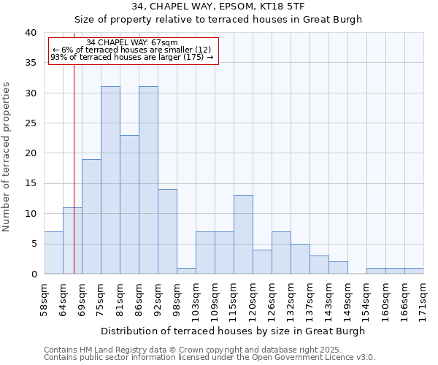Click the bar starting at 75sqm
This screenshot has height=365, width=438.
(110, 180)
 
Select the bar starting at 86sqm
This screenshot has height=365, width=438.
(148, 180)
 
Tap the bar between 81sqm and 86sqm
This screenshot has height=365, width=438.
(129, 204)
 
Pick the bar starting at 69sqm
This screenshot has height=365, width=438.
(91, 216)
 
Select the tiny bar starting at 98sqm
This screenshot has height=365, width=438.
(186, 271)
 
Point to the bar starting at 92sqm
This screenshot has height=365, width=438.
(167, 231)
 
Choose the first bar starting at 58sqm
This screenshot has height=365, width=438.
(53, 253)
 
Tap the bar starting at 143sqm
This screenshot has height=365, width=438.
(338, 267)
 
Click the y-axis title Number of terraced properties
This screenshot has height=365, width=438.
(7, 157)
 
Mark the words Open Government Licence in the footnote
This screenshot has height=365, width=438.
(306, 357)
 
